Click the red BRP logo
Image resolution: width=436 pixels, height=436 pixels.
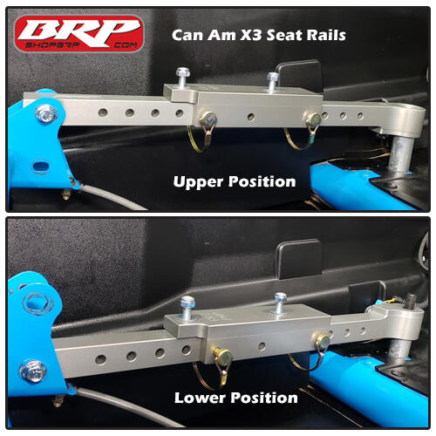pyautogui.click(x=78, y=33)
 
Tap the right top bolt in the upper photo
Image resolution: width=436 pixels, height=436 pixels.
pyautogui.click(x=272, y=79)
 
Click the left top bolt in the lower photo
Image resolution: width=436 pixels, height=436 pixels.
pyautogui.click(x=187, y=304)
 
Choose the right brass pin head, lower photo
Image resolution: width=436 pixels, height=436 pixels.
pyautogui.click(x=322, y=340)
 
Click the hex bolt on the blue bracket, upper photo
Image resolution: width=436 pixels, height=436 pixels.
pyautogui.click(x=44, y=112)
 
